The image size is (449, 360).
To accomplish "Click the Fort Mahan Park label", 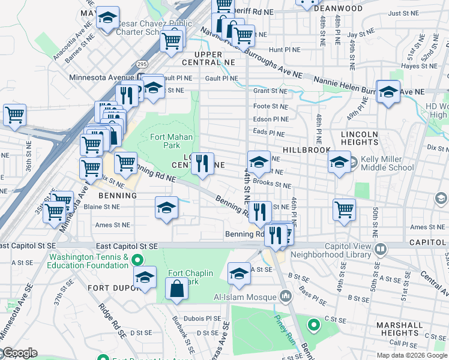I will click(x=171, y=141).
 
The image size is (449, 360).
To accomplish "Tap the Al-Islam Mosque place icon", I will click(x=285, y=296).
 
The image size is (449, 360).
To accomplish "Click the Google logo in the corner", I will click(x=19, y=353).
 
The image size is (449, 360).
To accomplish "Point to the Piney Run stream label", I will click(x=283, y=324).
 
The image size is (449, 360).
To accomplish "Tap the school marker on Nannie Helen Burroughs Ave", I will click(x=388, y=92).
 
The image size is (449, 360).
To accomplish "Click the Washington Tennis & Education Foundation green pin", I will click(x=137, y=260).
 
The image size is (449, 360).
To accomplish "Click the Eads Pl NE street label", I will click(x=268, y=133).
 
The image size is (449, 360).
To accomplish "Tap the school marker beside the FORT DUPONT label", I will click(x=144, y=278).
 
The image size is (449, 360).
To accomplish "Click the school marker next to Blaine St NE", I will click(x=166, y=208).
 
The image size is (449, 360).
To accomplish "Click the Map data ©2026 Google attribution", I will click(x=412, y=355).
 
